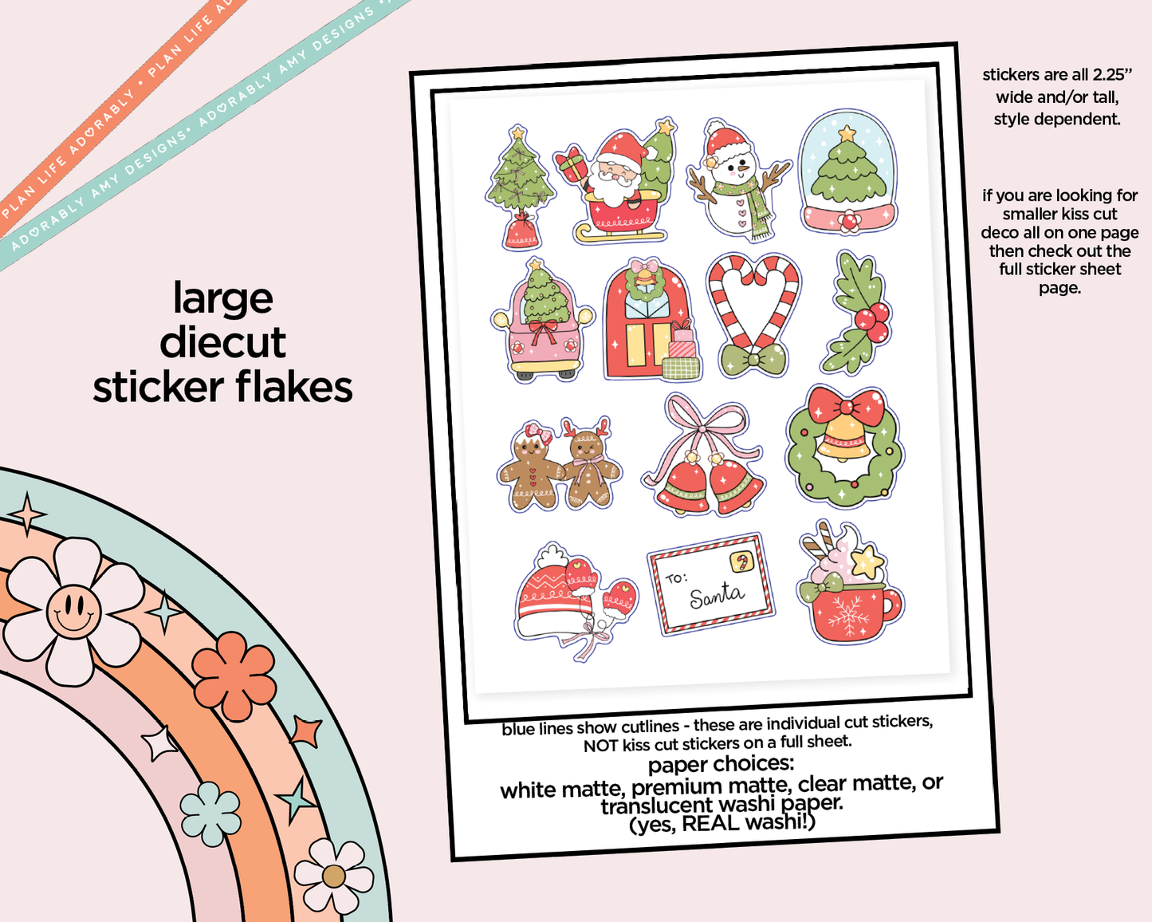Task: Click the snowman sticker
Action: coord(738,180)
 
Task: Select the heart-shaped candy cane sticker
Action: coord(753,315)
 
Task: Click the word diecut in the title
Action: coord(222,343)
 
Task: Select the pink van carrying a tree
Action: coord(542,323)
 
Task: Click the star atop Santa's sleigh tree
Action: coord(665,127)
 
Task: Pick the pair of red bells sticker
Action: coord(707,463)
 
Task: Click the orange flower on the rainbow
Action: coord(234,676)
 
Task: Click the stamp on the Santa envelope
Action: coord(742,562)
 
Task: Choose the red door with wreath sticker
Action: coord(646,323)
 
